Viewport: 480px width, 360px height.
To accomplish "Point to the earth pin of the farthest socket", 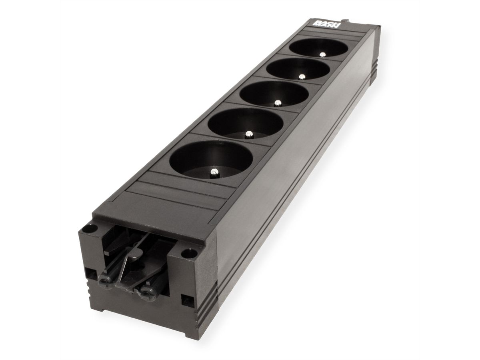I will pos(322,54).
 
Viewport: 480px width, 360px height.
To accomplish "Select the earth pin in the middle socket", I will pos(276,103).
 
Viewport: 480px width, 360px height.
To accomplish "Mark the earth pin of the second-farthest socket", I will pos(302,76).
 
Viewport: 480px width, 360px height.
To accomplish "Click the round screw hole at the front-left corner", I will pos(90,230).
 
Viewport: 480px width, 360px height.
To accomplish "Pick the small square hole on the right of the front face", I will pos(186,300).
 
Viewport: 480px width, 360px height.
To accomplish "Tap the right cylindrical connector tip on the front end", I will pos(145,293).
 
